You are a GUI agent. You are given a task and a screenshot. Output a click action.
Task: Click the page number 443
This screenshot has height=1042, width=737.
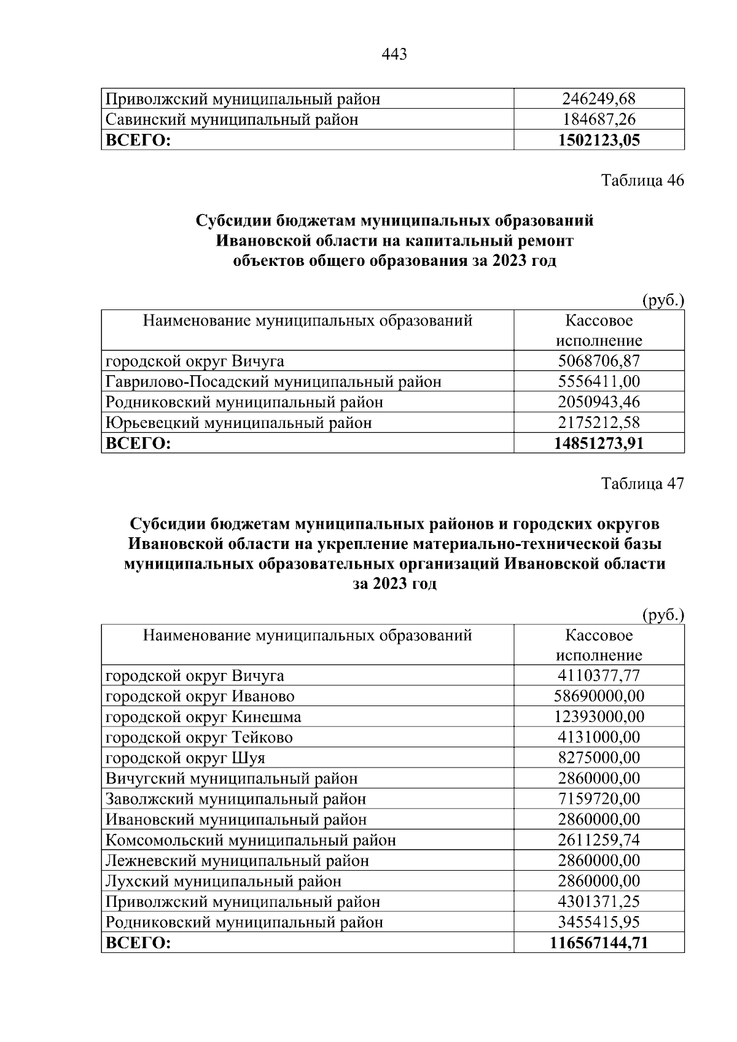point(394,55)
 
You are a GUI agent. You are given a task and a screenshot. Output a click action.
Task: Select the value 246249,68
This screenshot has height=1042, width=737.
point(599,98)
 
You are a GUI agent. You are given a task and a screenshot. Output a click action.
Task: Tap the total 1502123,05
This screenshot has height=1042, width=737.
point(599,140)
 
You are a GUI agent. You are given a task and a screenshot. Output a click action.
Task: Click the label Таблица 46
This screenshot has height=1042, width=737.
point(642,181)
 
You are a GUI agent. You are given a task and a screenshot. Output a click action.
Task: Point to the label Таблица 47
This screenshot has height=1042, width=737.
point(642,483)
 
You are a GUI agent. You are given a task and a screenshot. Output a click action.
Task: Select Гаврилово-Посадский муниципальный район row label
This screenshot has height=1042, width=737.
point(273,381)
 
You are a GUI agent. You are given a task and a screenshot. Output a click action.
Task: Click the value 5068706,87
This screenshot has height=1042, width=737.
point(599,361)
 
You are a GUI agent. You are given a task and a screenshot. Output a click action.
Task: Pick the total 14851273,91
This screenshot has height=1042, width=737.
point(599,443)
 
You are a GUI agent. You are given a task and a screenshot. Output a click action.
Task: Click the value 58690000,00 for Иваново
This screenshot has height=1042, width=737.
point(599,696)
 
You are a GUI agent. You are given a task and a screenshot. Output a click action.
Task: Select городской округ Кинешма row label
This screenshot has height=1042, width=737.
point(203,717)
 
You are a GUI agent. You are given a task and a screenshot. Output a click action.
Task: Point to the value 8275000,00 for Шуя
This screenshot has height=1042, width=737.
point(599,758)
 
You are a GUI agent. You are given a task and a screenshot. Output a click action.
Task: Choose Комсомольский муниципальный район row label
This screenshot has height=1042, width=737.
point(251,840)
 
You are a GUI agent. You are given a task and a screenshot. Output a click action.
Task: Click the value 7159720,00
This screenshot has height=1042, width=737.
point(599,799)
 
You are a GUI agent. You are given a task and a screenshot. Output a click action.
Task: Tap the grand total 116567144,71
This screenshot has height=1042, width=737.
point(599,943)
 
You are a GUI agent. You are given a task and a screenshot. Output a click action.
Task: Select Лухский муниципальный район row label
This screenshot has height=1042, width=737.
point(224,881)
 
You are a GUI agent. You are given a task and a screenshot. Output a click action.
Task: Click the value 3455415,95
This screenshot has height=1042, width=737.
point(599,922)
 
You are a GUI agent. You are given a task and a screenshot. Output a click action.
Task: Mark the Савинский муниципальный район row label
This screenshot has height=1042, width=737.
point(232,119)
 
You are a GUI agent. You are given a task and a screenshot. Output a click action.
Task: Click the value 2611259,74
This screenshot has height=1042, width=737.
point(599,840)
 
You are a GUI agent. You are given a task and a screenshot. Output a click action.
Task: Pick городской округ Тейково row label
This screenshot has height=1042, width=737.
point(199,737)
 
